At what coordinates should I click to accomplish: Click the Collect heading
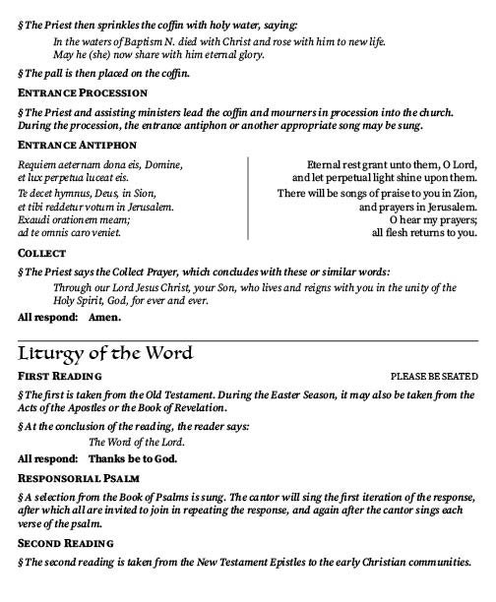pos(42,254)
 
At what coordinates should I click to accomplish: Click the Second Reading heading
pos(66,543)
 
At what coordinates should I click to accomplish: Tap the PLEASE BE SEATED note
pos(434,377)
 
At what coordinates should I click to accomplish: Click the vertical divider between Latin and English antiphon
pos(247,198)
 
